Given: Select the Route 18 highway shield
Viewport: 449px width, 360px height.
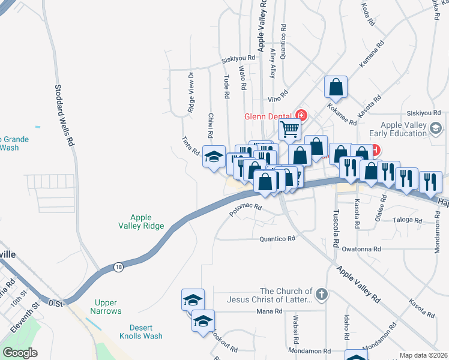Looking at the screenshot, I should pos(119,266).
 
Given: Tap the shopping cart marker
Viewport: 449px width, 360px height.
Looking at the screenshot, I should pos(290,128).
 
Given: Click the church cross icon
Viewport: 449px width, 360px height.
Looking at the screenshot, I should pos(322,295).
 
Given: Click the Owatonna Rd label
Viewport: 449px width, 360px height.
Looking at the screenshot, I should pos(361,249).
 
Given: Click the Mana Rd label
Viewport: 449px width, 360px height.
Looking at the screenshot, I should pos(269,311).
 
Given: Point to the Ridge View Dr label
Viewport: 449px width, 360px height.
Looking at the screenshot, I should pos(191,92).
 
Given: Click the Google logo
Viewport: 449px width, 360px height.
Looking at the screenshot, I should pos(20,353).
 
